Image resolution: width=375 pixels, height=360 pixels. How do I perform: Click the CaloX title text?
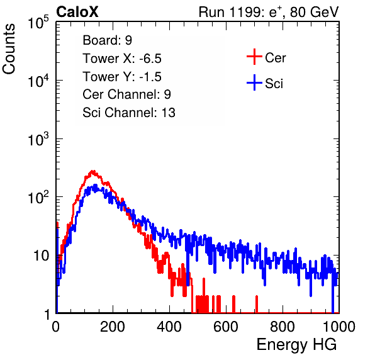pyautogui.click(x=77, y=12)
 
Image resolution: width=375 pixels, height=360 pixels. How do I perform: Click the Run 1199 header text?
pyautogui.click(x=269, y=12)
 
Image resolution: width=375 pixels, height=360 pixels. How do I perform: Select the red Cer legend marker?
pyautogui.click(x=254, y=57)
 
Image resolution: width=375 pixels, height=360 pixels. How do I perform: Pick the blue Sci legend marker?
pyautogui.click(x=254, y=82)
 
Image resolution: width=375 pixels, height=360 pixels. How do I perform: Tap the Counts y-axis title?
pyautogui.click(x=9, y=49)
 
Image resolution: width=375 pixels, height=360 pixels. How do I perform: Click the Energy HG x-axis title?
pyautogui.click(x=296, y=345)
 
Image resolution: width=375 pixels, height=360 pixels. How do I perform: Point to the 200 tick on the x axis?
pyautogui.click(x=113, y=327)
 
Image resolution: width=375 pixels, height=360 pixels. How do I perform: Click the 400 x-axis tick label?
pyautogui.click(x=169, y=327)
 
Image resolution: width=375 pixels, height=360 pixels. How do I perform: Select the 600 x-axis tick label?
pyautogui.click(x=226, y=327)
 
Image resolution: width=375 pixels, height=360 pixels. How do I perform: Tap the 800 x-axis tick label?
pyautogui.click(x=283, y=327)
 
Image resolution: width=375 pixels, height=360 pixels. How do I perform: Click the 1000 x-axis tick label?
pyautogui.click(x=339, y=327)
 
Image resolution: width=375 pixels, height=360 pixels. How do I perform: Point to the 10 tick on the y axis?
pyautogui.click(x=42, y=256)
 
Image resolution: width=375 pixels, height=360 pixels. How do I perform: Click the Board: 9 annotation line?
pyautogui.click(x=108, y=40)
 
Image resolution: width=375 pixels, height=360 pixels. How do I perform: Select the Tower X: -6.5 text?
pyautogui.click(x=122, y=59)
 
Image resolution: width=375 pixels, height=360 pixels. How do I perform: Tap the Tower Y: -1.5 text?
pyautogui.click(x=122, y=77)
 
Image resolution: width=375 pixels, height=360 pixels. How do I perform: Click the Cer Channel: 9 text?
pyautogui.click(x=126, y=94)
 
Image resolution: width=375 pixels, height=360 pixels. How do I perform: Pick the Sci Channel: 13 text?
pyautogui.click(x=129, y=113)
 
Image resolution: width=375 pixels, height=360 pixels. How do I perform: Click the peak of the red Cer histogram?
pyautogui.click(x=92, y=171)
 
